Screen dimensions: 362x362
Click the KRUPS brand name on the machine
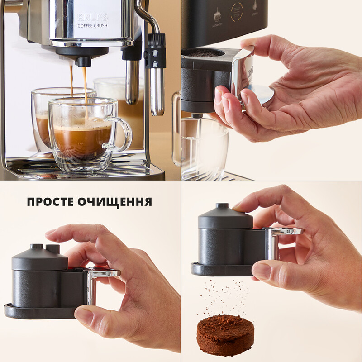click(93, 17)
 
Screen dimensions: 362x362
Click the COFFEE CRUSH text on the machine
click(93, 26)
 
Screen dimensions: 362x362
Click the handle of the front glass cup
click(119, 133)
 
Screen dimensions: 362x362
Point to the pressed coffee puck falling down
click(225, 334)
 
